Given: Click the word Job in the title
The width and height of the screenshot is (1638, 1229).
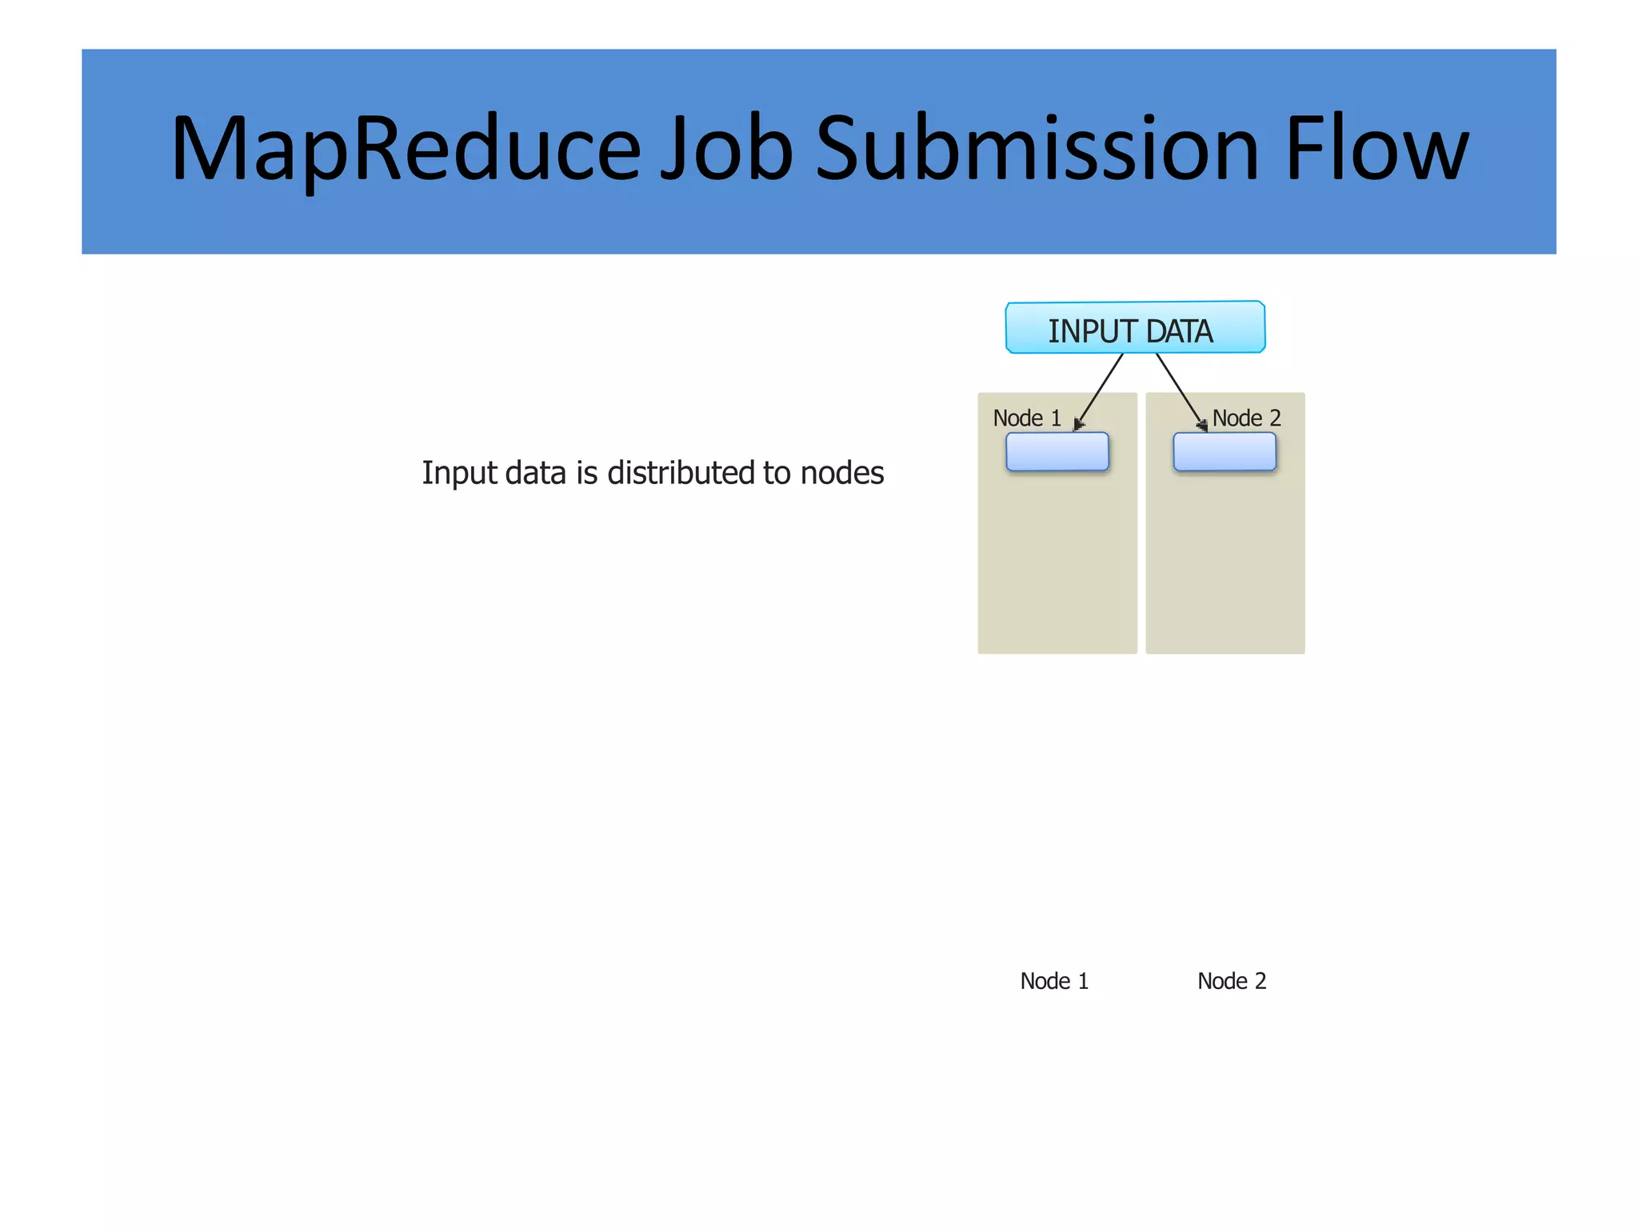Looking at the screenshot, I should point(726,150).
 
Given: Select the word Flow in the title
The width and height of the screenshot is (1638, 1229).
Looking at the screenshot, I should point(1376,150).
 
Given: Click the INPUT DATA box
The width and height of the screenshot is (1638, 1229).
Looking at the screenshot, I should point(1135,328).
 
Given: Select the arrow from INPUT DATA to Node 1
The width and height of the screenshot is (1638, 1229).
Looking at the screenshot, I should point(1101,389).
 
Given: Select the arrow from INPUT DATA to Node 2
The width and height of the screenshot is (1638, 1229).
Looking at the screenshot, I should point(1180,389).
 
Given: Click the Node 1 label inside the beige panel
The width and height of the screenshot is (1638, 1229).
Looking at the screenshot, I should point(1027,418).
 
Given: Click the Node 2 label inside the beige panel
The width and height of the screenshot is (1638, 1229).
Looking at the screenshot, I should point(1246,418).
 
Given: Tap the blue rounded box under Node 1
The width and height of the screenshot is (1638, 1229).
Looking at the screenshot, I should point(1057,452).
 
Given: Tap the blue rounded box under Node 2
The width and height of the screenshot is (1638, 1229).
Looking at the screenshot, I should point(1225,452).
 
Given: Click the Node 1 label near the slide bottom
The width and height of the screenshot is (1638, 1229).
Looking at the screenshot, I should point(1054,981).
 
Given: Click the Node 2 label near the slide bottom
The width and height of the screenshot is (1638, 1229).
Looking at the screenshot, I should point(1232,981).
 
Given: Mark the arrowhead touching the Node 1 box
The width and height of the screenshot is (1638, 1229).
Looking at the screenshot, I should point(1078,425).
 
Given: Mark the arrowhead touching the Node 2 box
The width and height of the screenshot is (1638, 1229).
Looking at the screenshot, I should point(1202,425).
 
